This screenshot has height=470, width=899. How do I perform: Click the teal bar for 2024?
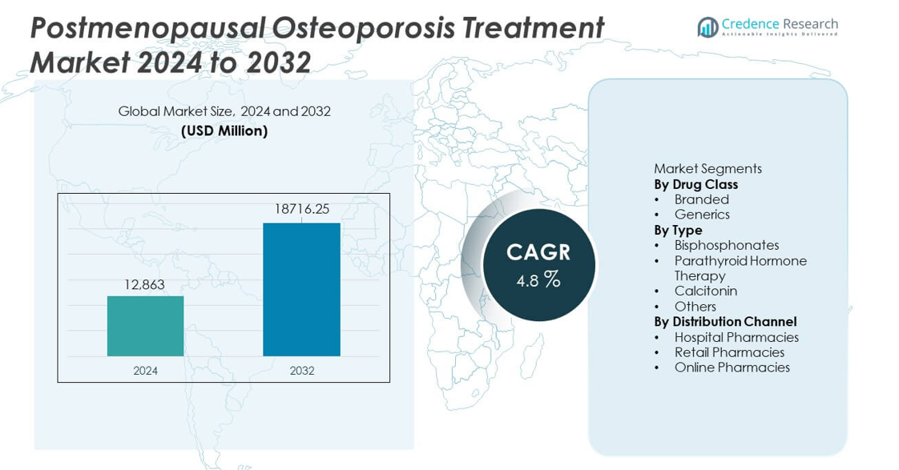145,326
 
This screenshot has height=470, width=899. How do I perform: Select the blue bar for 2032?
301,289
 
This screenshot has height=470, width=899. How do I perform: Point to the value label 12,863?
144,284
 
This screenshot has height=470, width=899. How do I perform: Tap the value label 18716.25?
302,209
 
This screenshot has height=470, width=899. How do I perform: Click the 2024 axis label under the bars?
145,371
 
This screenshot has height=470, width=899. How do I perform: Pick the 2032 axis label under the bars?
302,371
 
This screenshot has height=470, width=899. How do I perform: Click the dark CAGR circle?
538,265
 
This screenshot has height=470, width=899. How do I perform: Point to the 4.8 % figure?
538,279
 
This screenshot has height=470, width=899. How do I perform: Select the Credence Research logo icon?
708,26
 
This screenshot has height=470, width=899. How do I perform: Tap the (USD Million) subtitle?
224,131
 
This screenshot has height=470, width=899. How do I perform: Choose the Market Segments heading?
708,168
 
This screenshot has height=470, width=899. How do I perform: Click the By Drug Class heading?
695,184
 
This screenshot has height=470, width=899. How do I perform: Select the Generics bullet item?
702,215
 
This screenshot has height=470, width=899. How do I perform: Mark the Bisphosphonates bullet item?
726,245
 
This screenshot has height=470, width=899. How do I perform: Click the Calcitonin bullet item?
705,291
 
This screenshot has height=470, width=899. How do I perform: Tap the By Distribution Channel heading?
725,322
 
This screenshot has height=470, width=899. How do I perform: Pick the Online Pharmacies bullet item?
732,368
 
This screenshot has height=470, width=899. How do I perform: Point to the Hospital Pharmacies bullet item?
736,337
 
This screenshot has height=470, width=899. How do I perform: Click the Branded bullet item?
701,199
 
